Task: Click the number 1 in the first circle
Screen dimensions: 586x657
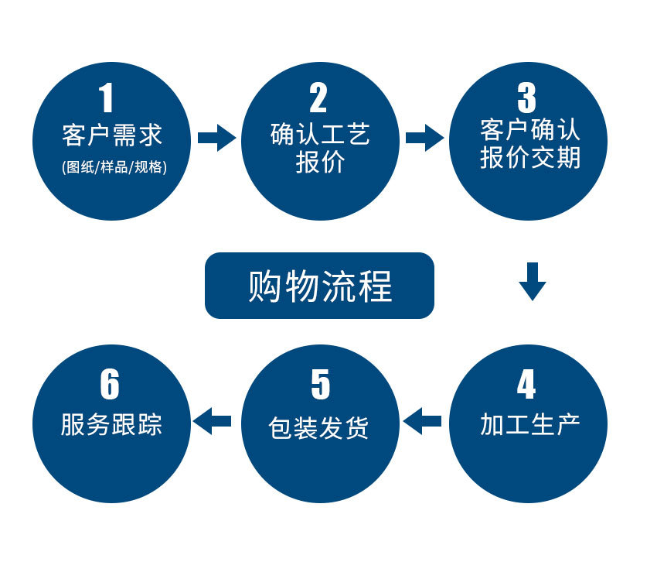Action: coord(107,98)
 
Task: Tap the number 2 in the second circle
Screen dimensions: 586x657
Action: coord(318,98)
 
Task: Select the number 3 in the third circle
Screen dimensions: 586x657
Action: coord(526,98)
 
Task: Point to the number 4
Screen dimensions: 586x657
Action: coord(526,385)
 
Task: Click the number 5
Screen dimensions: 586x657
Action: coord(320,385)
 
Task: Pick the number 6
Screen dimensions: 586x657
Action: coord(110,385)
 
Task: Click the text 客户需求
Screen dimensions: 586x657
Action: coord(112,135)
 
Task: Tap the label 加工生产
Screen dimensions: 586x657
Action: coord(529,424)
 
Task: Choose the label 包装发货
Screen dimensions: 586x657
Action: coord(319,427)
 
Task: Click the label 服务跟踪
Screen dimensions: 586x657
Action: coord(111,424)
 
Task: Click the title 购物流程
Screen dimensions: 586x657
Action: coord(319,286)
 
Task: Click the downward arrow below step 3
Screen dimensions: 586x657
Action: coord(532,281)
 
